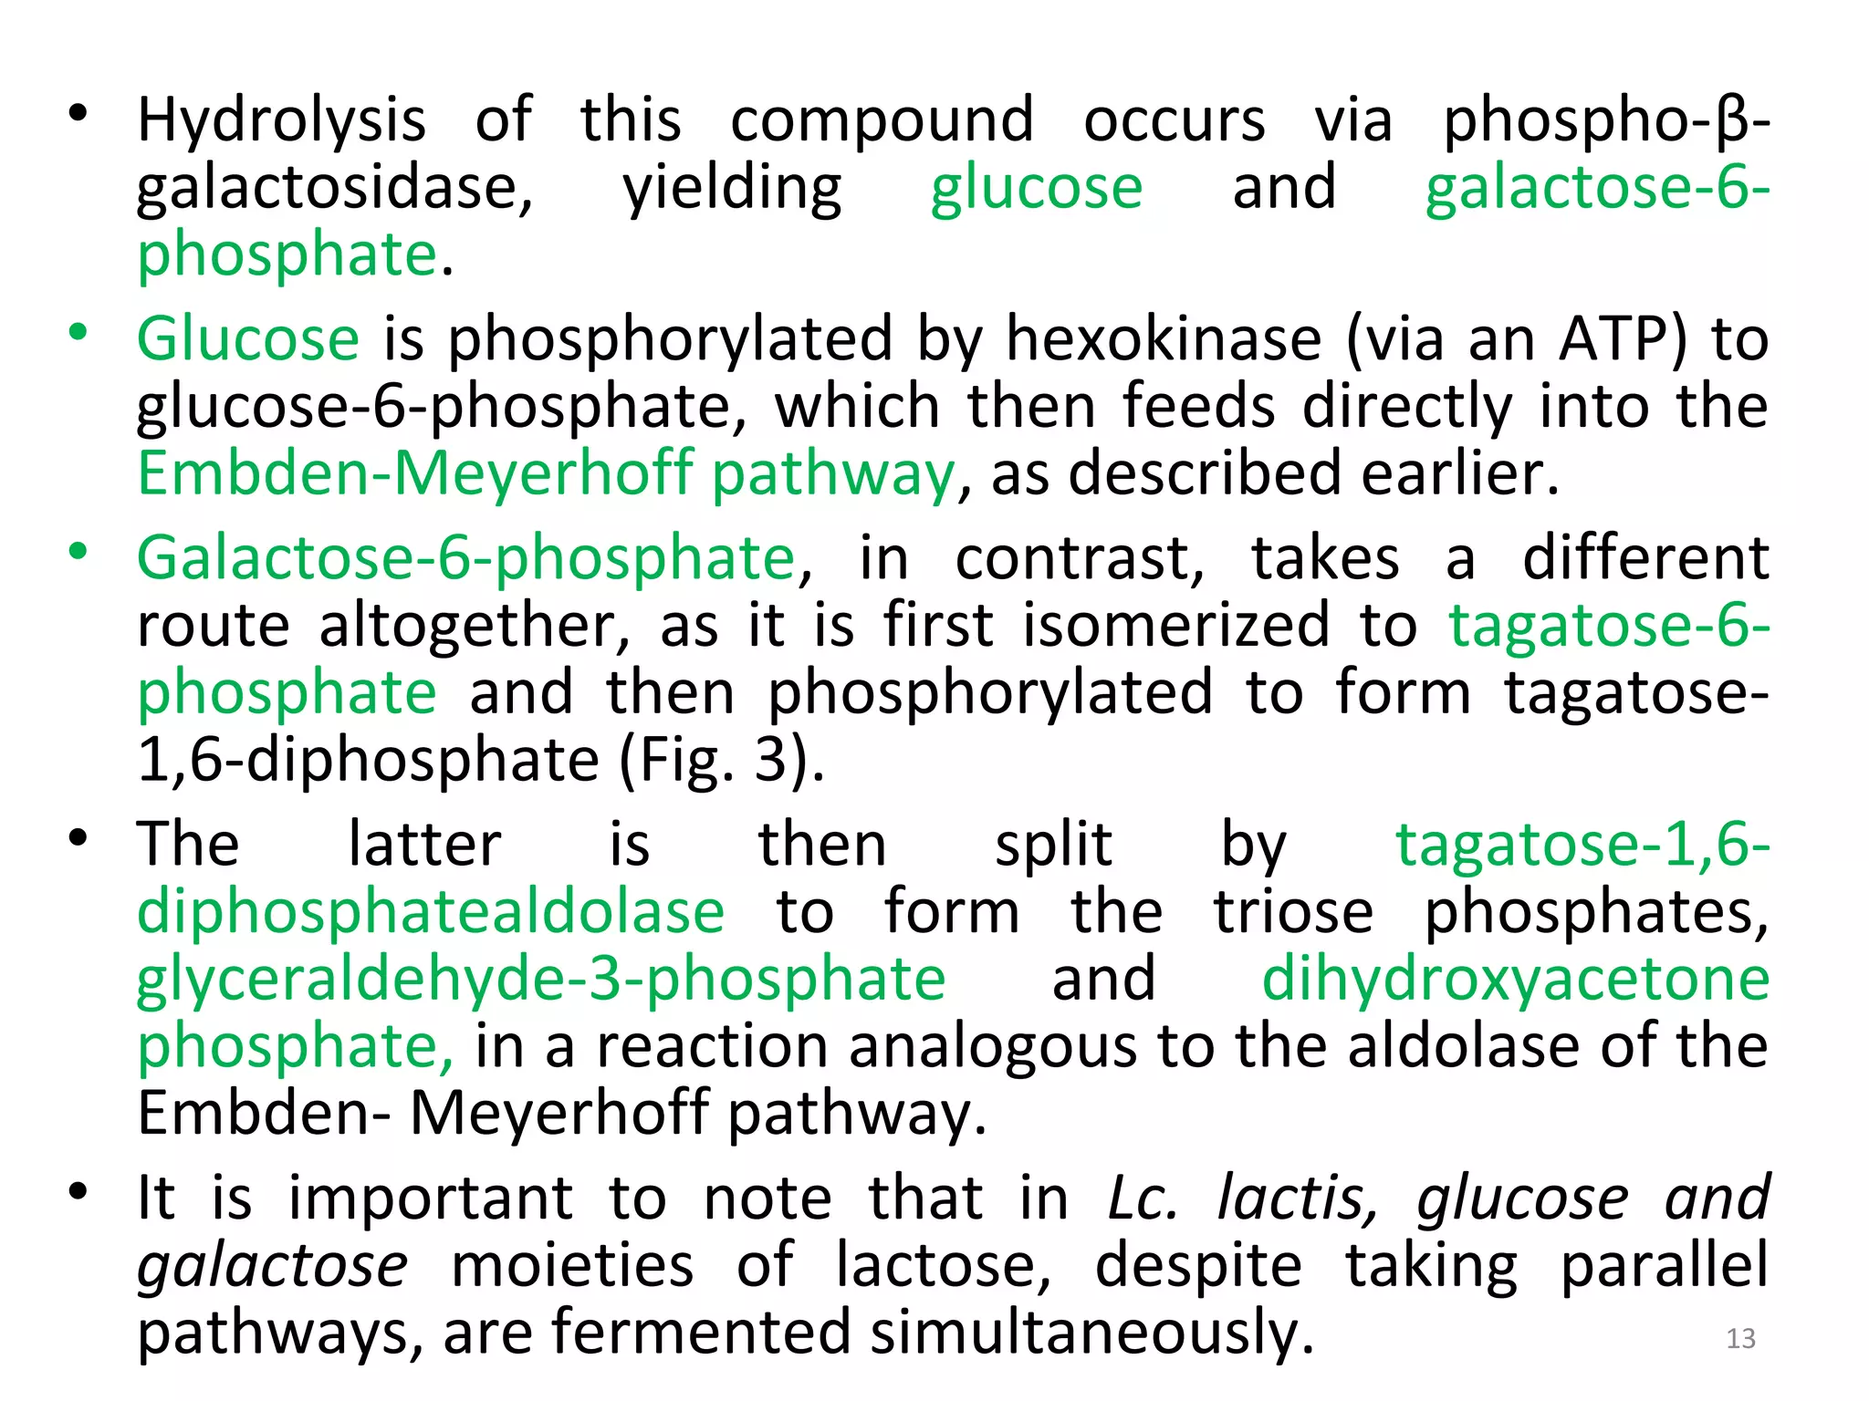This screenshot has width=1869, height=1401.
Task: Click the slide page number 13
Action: (1740, 1338)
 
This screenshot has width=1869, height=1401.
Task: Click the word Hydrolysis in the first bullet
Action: (281, 121)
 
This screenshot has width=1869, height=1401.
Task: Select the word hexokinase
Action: (1164, 340)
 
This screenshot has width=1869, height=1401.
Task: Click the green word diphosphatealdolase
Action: (431, 911)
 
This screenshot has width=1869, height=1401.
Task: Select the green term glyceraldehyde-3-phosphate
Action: (541, 979)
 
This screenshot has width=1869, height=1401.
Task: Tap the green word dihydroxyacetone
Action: (1515, 979)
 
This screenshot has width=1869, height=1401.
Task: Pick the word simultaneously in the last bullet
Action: (1091, 1332)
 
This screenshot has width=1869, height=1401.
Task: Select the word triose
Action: (1292, 911)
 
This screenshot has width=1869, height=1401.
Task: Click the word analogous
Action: (993, 1046)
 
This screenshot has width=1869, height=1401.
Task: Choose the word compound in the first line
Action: (882, 121)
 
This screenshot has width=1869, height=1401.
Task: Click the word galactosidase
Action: (334, 188)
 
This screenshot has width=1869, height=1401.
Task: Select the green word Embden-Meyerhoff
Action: (415, 474)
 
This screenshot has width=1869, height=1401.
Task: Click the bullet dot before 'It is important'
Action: (78, 1191)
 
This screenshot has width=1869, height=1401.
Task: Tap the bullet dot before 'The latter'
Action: (78, 837)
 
